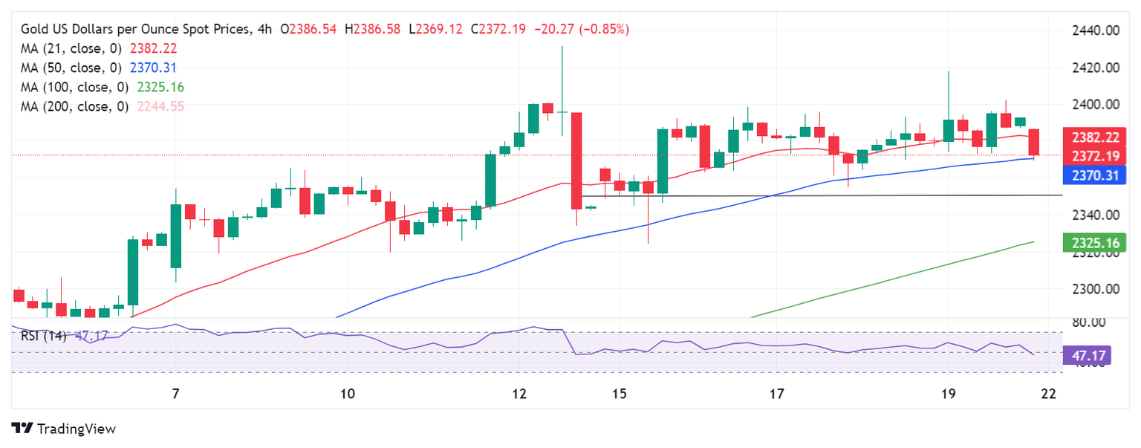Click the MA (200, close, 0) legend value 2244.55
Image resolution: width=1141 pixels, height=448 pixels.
(161, 106)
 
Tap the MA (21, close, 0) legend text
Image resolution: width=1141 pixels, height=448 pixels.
(69, 48)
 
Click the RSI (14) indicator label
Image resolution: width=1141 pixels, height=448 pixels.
(43, 335)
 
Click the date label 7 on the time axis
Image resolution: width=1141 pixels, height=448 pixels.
(175, 392)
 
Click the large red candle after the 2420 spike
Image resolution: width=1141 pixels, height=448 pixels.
(576, 160)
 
